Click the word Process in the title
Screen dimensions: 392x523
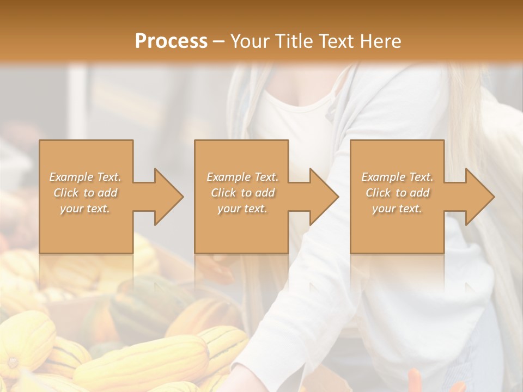pos(171,41)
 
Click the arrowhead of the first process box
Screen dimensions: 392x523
pos(168,197)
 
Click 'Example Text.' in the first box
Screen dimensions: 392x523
pos(86,177)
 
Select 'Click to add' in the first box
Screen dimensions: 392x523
pos(86,193)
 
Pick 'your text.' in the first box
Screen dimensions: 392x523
pos(86,209)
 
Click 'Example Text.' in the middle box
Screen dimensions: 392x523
pos(242,177)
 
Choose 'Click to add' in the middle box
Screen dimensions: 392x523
pos(242,193)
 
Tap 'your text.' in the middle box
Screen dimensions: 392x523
pos(242,209)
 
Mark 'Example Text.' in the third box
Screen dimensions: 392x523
pos(397,177)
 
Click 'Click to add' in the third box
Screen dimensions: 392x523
pos(397,193)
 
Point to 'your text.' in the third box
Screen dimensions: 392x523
pos(397,209)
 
